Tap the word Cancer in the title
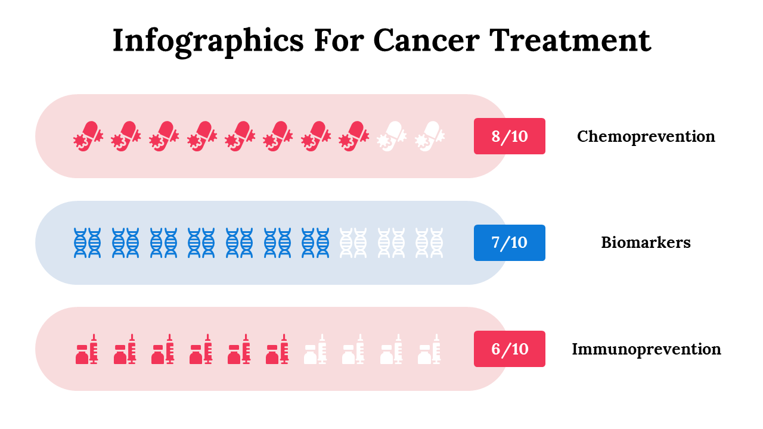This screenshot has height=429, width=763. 426,41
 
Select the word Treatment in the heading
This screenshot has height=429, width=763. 570,41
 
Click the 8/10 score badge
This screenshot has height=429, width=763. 510,136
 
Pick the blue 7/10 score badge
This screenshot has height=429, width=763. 510,243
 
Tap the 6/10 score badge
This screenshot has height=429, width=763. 510,349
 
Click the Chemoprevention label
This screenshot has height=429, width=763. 646,136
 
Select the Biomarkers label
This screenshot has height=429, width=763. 646,243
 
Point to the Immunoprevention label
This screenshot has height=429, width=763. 646,349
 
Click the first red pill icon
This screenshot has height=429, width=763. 88,136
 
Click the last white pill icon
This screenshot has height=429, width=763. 430,136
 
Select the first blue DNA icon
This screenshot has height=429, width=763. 87,243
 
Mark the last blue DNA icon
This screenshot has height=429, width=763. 316,243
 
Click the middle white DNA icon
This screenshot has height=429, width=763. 392,243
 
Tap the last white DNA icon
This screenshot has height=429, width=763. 430,243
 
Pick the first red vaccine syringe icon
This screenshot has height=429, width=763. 87,349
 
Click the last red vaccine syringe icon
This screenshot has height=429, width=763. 278,349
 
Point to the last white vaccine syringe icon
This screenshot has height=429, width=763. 430,349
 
